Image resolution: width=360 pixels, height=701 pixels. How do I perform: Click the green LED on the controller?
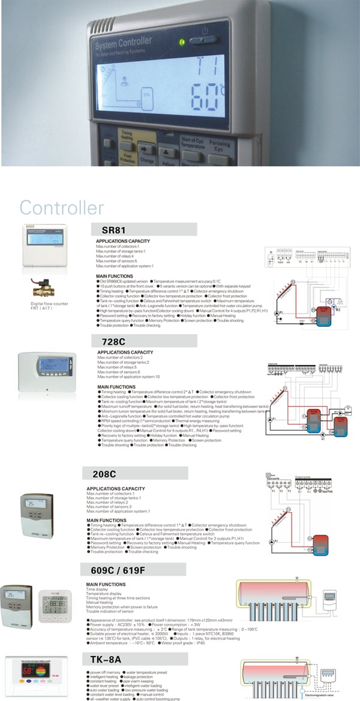(182, 43)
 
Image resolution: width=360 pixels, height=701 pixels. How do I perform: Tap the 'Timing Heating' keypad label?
(127, 136)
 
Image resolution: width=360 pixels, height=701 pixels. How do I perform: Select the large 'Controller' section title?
(61, 208)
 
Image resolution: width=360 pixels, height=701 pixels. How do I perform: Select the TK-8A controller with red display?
(38, 676)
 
